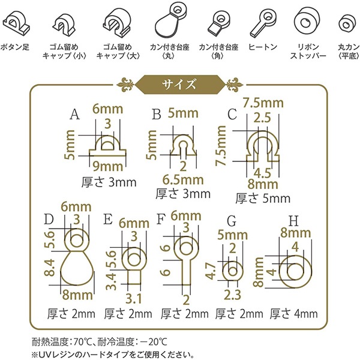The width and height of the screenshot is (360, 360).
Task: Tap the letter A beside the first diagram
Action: pos(75,113)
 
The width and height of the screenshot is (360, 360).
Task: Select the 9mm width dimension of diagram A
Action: pos(108,166)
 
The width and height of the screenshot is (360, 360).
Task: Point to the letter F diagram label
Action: pos(160,217)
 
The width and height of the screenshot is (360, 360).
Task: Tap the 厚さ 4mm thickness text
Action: pos(294,313)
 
